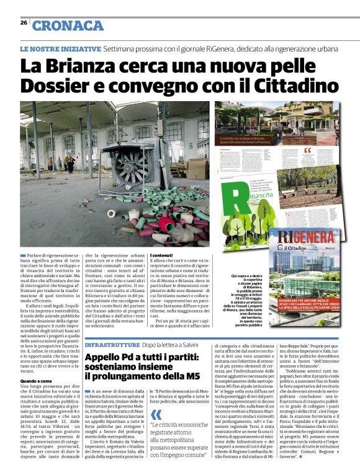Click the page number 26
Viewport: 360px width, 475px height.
tap(23, 23)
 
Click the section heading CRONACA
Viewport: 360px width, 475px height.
tap(68, 25)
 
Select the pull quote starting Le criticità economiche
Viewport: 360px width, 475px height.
tap(181, 440)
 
